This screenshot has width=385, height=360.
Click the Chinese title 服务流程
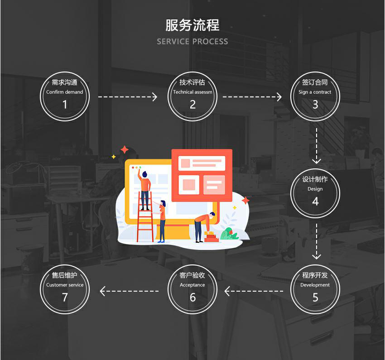[192, 25]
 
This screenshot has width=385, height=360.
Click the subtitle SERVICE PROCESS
[192, 42]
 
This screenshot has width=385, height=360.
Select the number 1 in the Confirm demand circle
[65, 105]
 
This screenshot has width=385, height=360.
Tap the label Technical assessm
[192, 92]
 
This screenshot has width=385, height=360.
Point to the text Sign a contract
[315, 92]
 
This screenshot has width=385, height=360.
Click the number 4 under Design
[315, 201]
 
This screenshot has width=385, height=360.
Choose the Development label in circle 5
[315, 285]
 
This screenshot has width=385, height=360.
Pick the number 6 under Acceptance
[193, 297]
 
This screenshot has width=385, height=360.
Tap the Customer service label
[65, 285]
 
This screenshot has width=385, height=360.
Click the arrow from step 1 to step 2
[128, 97]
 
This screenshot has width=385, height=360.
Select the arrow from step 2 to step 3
[252, 97]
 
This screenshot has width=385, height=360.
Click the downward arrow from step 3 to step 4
[317, 146]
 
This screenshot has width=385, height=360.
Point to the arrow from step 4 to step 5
[317, 241]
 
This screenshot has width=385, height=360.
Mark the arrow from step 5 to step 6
[254, 291]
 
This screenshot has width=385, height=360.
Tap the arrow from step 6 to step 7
[130, 291]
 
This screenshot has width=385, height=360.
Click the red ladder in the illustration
[145, 216]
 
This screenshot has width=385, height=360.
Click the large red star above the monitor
[125, 149]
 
